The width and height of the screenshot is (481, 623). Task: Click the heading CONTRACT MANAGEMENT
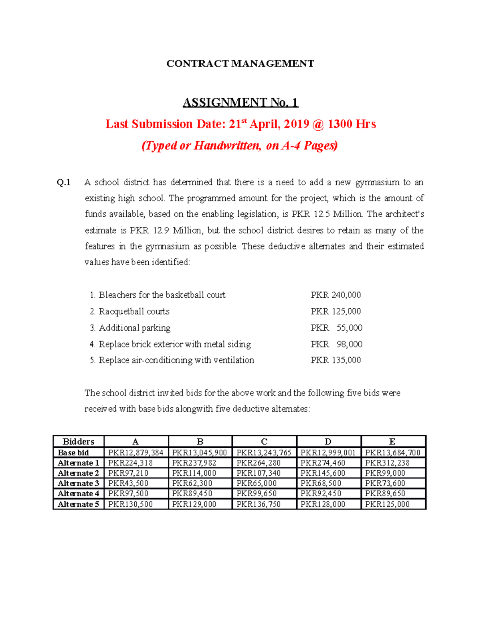coord(240,64)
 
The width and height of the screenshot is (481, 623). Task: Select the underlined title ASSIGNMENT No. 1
coord(240,103)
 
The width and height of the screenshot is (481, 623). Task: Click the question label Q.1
coord(64,183)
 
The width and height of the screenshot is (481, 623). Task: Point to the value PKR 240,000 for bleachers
coord(335,295)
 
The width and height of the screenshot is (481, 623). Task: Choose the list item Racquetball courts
coord(134,312)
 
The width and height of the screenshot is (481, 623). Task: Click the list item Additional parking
coord(134,328)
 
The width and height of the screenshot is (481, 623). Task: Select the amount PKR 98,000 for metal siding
coord(336,344)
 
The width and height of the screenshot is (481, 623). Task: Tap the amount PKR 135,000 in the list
coord(335,360)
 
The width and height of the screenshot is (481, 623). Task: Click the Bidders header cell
coord(79,442)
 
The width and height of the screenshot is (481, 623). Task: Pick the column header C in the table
coord(264,442)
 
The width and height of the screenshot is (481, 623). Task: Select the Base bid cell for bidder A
coord(135,453)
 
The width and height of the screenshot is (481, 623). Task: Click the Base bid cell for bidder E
coord(392,453)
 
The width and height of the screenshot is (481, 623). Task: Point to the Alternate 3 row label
coord(79,483)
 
